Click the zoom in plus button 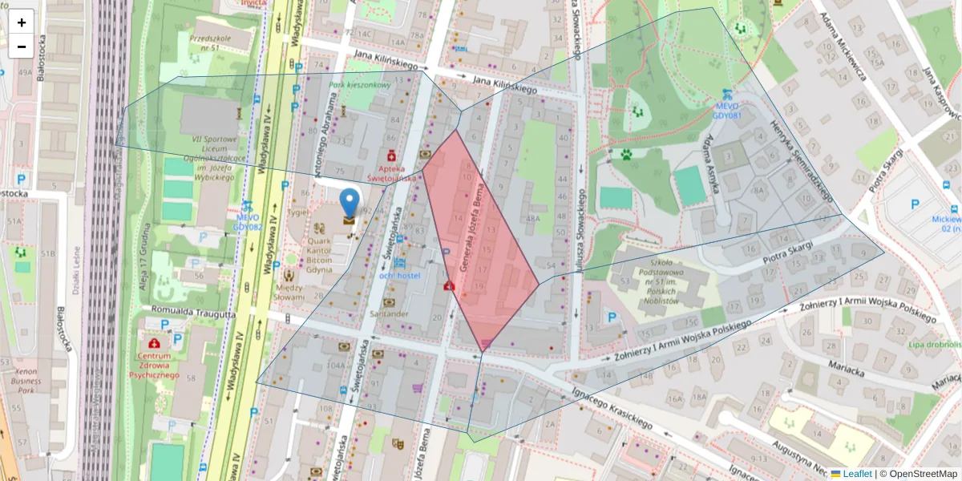click(22, 22)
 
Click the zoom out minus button click(22, 46)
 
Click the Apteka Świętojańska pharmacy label click(392, 173)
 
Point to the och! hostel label click(400, 276)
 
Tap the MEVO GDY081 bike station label click(727, 109)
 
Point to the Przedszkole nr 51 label click(210, 42)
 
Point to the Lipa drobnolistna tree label click(935, 344)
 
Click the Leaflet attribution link click(856, 474)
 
